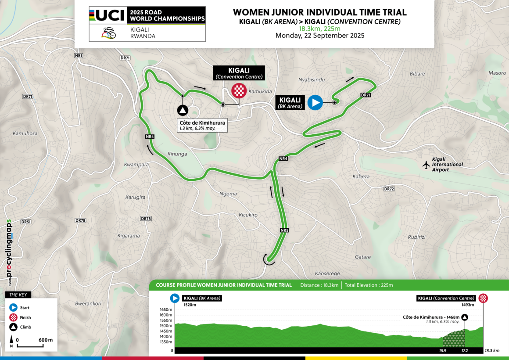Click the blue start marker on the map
coord(315,102)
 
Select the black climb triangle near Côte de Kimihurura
coord(183,111)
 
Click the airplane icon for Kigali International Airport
coord(425,165)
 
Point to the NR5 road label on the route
coord(284,230)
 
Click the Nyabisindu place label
coord(311,80)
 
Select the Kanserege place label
coord(327,273)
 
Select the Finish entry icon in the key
coord(13,317)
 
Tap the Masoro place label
coord(497,73)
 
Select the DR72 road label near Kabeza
coord(389,189)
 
